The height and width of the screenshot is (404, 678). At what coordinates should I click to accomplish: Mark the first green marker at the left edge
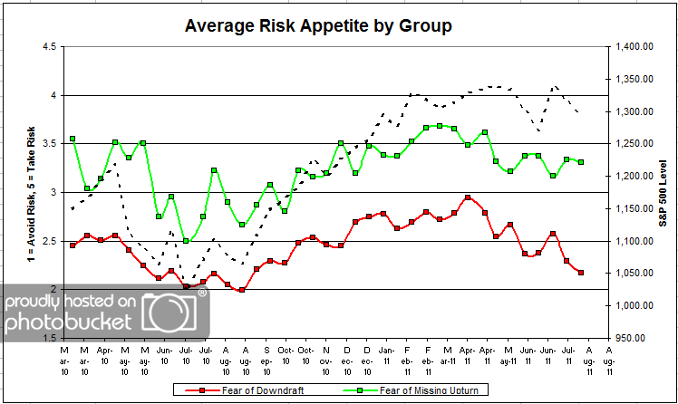[x=73, y=139]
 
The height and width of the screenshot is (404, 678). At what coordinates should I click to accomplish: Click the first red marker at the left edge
[x=73, y=245]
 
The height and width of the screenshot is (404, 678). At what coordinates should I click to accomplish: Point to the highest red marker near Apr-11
[x=467, y=197]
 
